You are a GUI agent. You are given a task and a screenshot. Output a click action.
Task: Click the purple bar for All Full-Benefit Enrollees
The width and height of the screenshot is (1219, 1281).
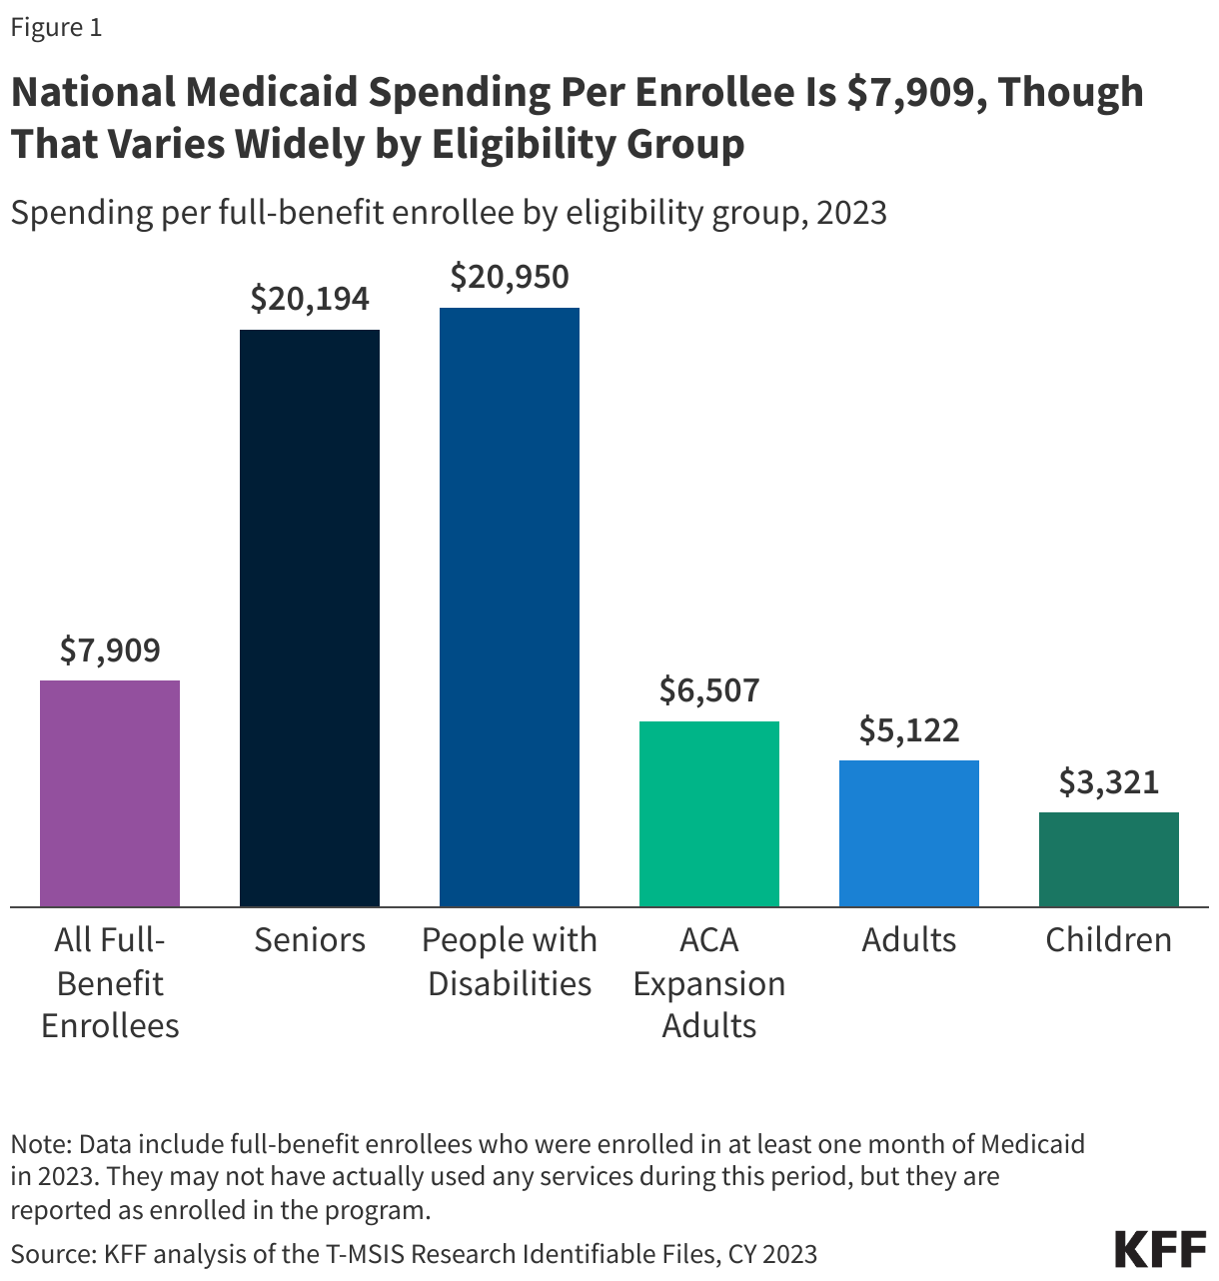[110, 793]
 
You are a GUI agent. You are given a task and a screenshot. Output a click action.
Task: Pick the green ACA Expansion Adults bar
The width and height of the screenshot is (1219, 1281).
[709, 813]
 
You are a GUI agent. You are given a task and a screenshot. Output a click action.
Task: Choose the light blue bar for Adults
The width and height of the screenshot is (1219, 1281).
[909, 833]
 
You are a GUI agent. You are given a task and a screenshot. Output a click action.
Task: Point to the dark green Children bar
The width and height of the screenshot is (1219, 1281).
[1109, 859]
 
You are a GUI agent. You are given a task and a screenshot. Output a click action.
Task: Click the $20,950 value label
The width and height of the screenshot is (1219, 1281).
[510, 277]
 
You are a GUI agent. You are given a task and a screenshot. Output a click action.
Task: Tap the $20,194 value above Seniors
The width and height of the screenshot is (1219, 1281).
[310, 299]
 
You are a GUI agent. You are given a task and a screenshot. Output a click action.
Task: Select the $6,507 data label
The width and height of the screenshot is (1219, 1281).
[709, 690]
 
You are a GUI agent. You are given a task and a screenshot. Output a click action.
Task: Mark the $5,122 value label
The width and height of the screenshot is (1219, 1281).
[909, 730]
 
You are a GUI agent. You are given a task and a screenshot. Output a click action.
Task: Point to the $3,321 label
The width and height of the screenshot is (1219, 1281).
[1109, 782]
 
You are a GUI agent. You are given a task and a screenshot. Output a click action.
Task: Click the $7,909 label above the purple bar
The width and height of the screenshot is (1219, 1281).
[110, 650]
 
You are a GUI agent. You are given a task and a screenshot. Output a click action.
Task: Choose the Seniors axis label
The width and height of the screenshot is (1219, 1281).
[310, 940]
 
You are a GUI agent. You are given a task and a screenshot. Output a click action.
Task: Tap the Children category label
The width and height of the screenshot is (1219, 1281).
[1109, 940]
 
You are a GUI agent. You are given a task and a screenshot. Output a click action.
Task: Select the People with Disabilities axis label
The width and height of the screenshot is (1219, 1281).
[510, 961]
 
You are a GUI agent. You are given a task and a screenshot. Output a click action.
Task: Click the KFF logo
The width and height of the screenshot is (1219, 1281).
[1160, 1249]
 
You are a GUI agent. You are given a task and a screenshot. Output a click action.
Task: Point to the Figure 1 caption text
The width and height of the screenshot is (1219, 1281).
[56, 28]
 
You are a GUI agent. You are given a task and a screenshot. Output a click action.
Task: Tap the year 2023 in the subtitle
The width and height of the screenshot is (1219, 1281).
[850, 213]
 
